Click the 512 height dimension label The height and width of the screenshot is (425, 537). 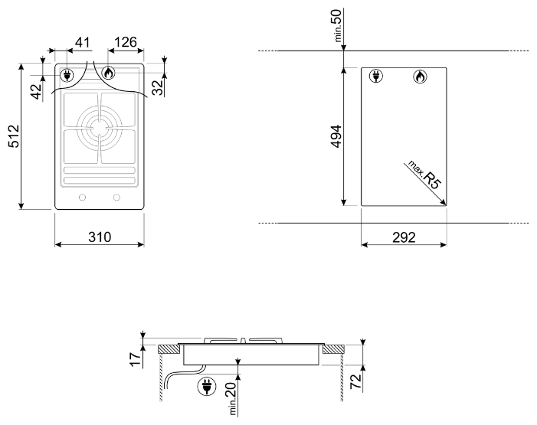click(14, 136)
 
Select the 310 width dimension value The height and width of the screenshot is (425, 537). click(100, 237)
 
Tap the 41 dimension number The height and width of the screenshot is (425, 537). click(82, 42)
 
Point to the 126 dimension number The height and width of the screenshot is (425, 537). click(126, 42)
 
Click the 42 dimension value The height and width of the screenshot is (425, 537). click(36, 91)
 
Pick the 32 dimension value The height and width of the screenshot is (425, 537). click(158, 87)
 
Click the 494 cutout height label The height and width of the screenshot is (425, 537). click(336, 136)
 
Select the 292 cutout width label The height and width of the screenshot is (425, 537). click(404, 237)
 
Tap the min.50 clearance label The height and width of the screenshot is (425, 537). click(337, 26)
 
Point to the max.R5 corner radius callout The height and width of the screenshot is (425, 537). click(424, 175)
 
